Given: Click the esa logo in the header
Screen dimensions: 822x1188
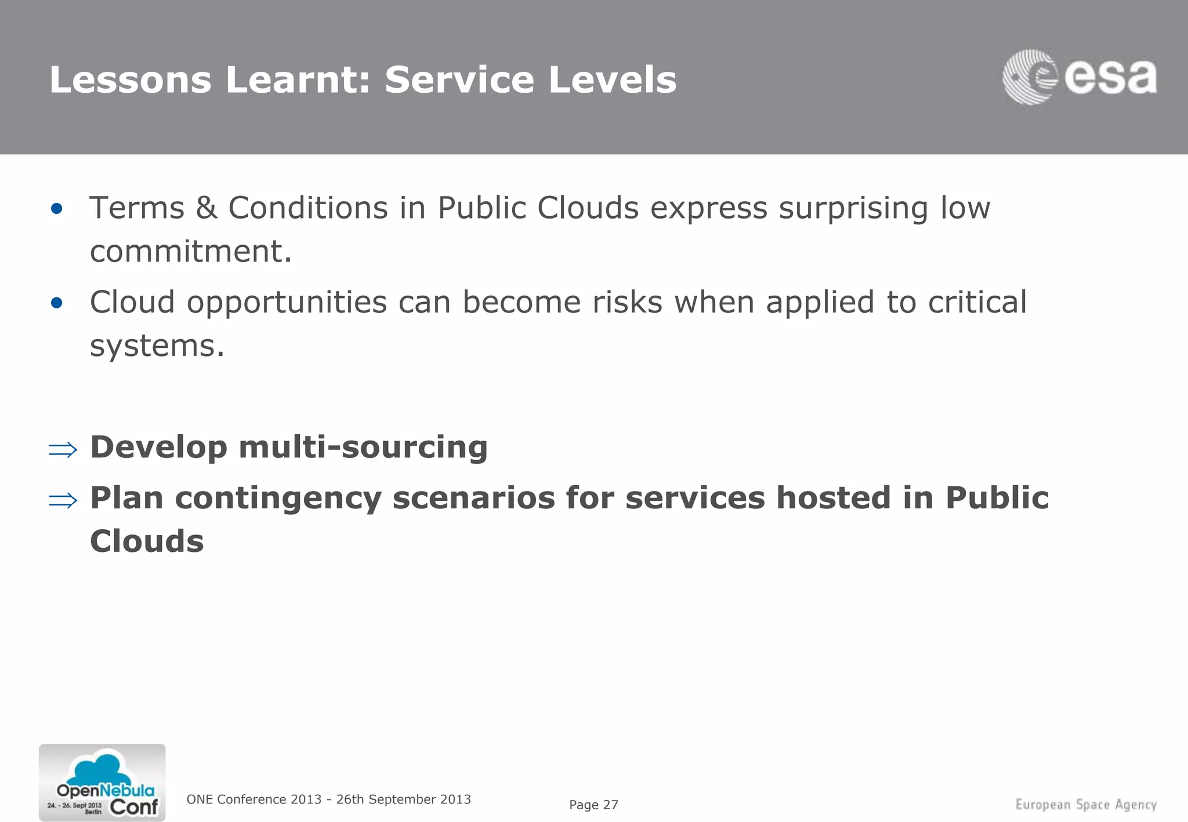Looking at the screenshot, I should (1079, 78).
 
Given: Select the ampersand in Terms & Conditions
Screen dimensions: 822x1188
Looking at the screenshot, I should (206, 208).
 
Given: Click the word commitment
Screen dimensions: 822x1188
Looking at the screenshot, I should (190, 252).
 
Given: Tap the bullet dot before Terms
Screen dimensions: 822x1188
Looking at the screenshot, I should (56, 209).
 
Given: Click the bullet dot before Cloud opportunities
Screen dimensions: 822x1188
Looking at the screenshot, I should (56, 303).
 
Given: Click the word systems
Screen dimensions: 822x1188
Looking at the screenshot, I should (157, 347).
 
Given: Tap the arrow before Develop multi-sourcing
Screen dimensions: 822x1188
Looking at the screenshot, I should (63, 449).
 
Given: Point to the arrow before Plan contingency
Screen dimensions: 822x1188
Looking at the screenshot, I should (63, 500).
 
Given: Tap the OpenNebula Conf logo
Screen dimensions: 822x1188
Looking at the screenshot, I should (102, 783).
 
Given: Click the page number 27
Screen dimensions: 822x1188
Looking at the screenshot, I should (610, 805).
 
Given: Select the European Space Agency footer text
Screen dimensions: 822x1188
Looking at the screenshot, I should (1086, 805).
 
